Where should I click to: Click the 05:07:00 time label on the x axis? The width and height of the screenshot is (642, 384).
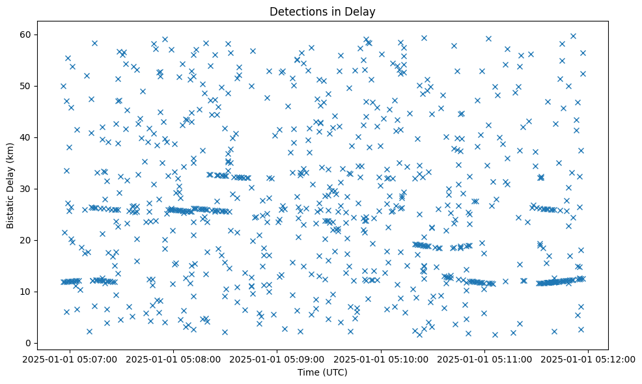pyautogui.click(x=70, y=359)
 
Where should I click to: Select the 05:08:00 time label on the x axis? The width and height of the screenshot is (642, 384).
pyautogui.click(x=174, y=359)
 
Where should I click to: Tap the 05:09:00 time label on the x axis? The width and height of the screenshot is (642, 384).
pyautogui.click(x=277, y=359)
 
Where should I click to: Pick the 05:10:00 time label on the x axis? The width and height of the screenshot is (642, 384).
pyautogui.click(x=381, y=359)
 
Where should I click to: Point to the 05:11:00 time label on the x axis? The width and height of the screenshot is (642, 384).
pyautogui.click(x=484, y=359)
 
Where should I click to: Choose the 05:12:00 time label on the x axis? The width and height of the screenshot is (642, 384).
pyautogui.click(x=588, y=359)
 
